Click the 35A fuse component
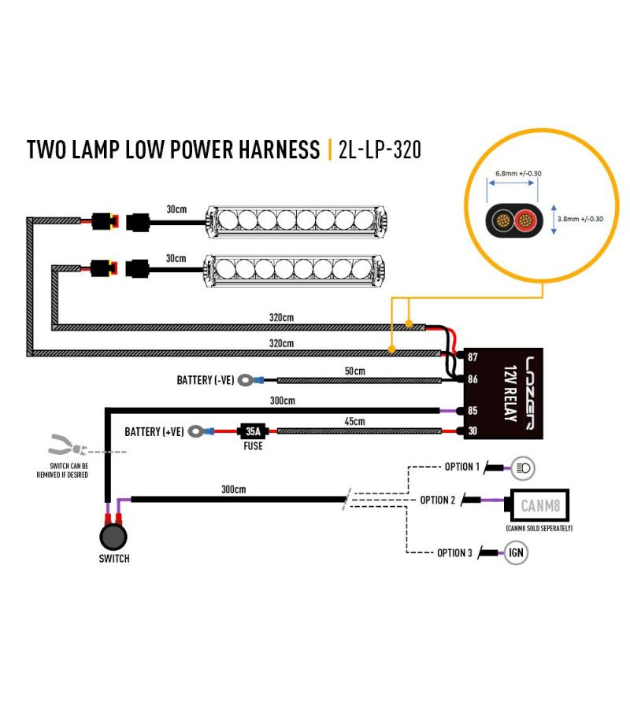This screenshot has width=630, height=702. (x=253, y=430)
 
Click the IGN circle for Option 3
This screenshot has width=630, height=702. (x=517, y=553)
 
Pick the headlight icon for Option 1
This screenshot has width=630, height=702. (x=522, y=468)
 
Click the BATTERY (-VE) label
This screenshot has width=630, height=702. (x=205, y=380)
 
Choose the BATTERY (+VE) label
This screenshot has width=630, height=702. (x=154, y=431)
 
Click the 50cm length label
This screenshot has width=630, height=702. (x=355, y=371)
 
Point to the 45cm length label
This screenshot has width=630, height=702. (x=355, y=421)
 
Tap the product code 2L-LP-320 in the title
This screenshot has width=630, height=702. (x=379, y=150)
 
